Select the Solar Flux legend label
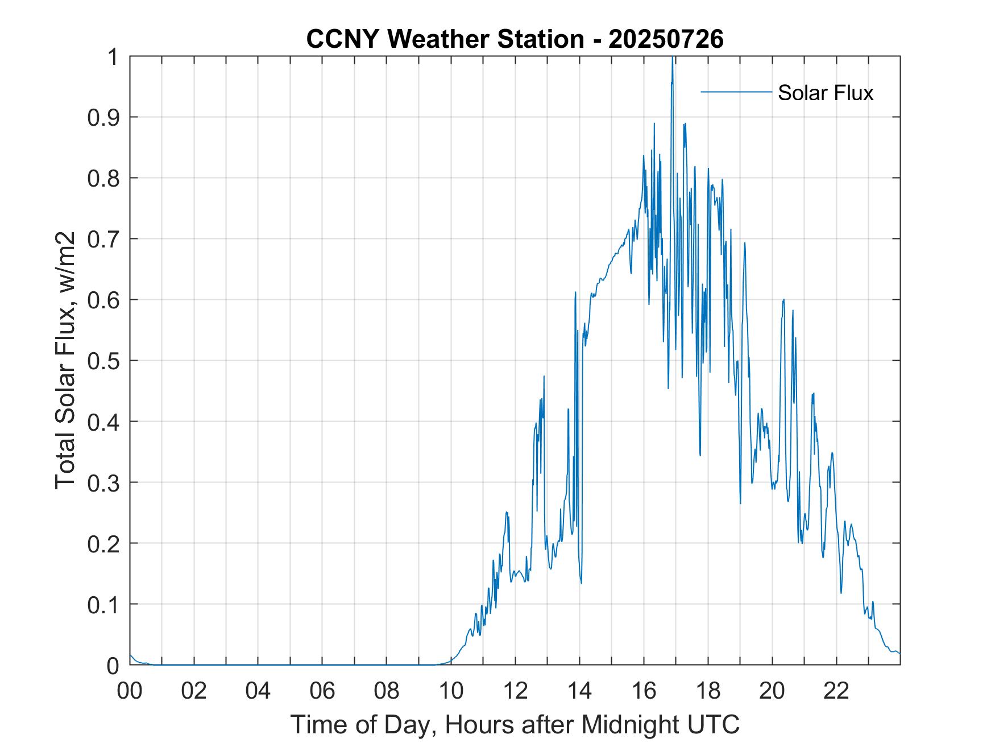[x=825, y=92]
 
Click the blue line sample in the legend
[x=736, y=92]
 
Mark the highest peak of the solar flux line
[x=673, y=57]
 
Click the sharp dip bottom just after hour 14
[x=581, y=583]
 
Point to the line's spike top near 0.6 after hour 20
[x=783, y=299]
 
